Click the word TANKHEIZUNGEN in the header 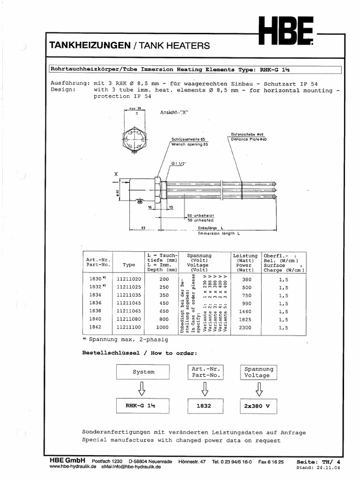click(90, 45)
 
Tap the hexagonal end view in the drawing click(135, 139)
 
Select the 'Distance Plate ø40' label click(248, 139)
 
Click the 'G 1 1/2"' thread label click(179, 164)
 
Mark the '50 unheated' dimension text click(200, 220)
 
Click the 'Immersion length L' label click(218, 233)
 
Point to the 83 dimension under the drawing click(143, 228)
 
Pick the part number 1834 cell click(95, 295)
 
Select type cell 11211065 click(128, 311)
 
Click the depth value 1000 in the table click(162, 327)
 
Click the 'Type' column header click(128, 265)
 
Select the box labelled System click(143, 372)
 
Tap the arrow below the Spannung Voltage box click(258, 389)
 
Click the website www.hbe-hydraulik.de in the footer click(73, 467)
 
